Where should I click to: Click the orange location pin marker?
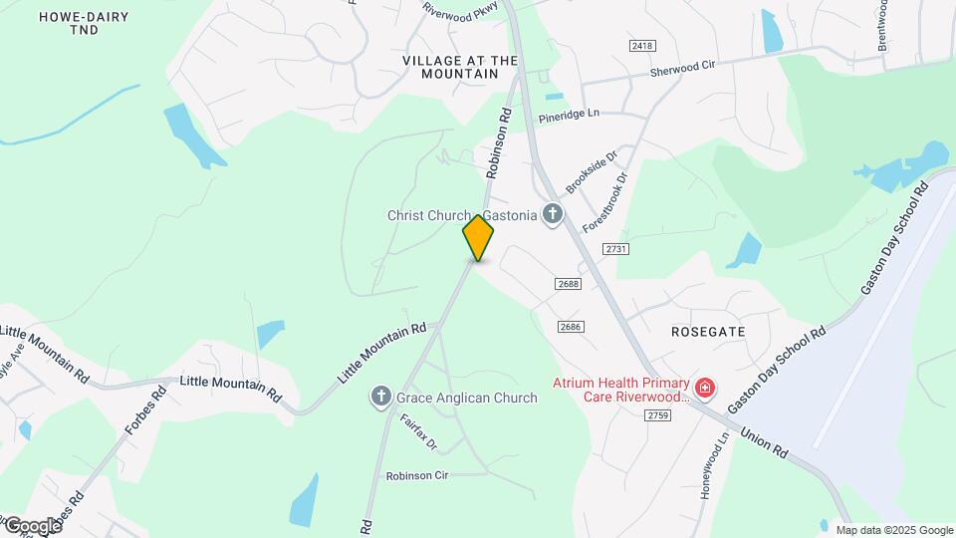pos(478,238)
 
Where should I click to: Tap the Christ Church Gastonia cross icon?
pos(552,214)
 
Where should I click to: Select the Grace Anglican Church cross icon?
pos(380,398)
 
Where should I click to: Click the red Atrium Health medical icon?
pos(705,387)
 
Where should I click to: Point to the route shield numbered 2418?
pos(642,46)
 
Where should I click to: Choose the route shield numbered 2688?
pos(569,284)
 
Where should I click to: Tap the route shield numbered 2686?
pos(571,326)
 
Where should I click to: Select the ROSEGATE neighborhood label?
pos(707,330)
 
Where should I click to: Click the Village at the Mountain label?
pos(460,67)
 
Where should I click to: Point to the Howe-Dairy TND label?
pos(69,23)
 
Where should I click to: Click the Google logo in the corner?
pos(32,526)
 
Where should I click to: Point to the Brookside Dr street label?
pos(592,171)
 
